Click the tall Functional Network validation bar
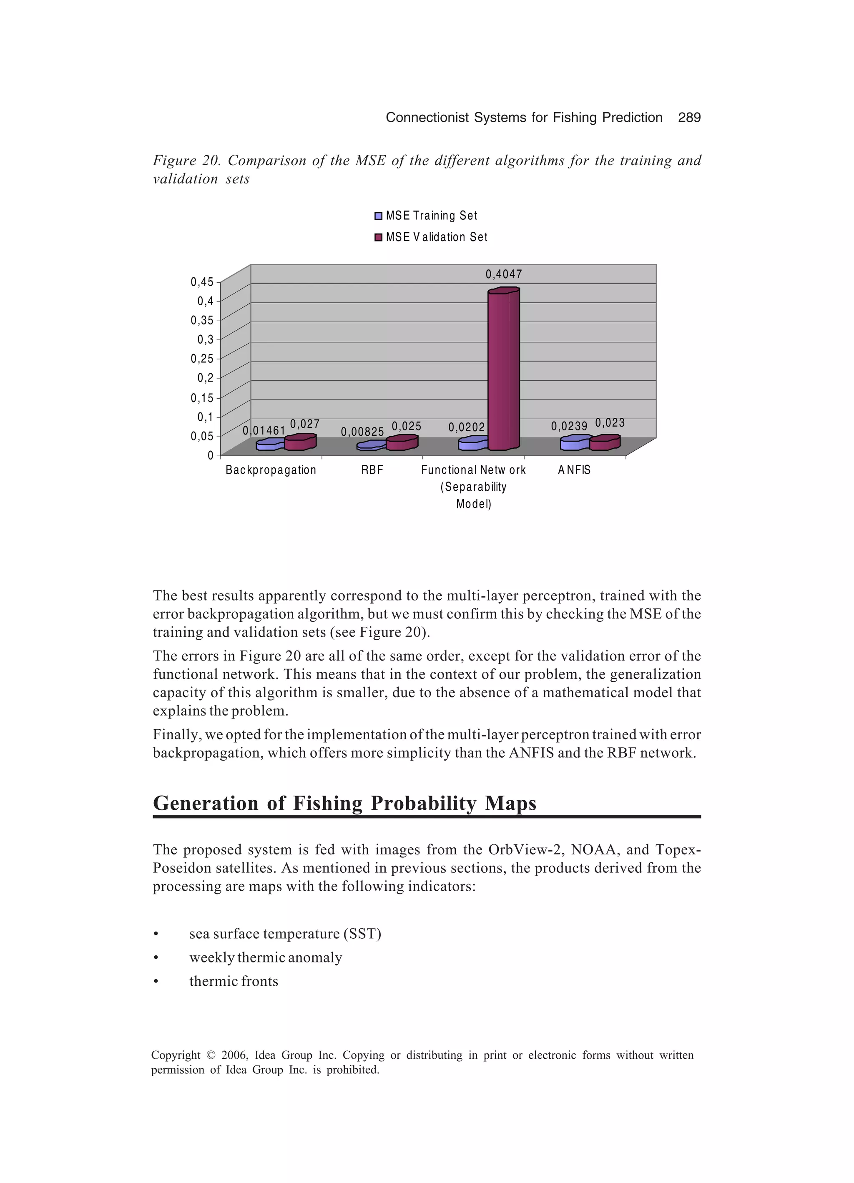tap(503, 370)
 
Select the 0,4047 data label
tap(503, 274)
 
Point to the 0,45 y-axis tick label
tap(202, 282)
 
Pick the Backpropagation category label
tap(271, 470)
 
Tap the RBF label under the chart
tap(372, 470)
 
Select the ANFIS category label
tap(574, 470)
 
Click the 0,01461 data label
tap(264, 430)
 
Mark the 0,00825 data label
tap(362, 432)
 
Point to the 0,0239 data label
tap(569, 427)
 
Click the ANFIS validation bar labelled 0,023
tap(604, 443)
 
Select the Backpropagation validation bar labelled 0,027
tap(299, 443)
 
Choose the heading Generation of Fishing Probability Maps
tap(344, 803)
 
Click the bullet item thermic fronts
tap(233, 981)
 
